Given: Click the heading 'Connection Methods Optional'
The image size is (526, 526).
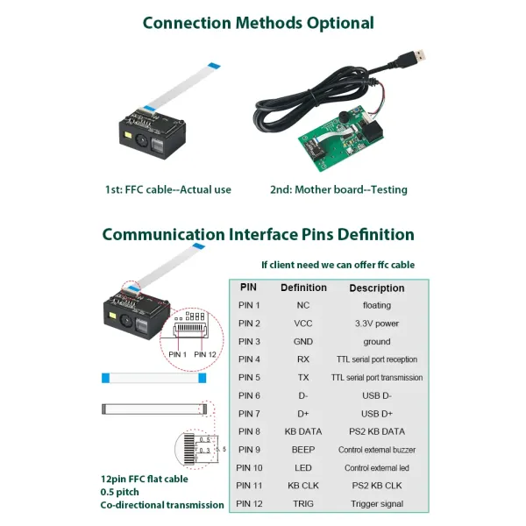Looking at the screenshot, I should [x=258, y=23].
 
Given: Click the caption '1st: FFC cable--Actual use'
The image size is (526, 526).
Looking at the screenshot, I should [x=168, y=189].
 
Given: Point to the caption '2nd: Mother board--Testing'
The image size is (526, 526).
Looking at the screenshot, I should [x=338, y=189].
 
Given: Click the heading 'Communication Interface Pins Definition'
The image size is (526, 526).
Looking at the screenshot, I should [x=258, y=234].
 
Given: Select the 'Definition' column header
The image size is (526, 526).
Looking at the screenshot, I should [x=303, y=288].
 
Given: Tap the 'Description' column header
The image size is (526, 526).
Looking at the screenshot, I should [x=377, y=288].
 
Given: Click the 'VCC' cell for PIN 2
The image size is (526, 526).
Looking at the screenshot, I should [x=303, y=323].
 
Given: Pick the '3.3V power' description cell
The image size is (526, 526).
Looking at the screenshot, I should [x=377, y=323].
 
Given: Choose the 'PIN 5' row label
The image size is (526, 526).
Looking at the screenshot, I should [x=249, y=378].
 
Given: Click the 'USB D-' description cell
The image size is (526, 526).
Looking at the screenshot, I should [x=377, y=395].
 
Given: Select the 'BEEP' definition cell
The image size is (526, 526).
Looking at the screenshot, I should [x=303, y=450].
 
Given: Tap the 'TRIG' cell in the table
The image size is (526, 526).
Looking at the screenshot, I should [x=303, y=503].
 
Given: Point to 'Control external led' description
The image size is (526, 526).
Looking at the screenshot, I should [x=377, y=467].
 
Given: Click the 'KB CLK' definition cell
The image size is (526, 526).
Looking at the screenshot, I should [x=303, y=485].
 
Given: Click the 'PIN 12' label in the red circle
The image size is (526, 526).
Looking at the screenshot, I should [x=206, y=354].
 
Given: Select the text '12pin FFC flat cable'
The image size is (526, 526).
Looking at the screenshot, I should [x=144, y=479].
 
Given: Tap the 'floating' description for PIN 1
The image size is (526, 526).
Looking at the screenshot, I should [x=377, y=305].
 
